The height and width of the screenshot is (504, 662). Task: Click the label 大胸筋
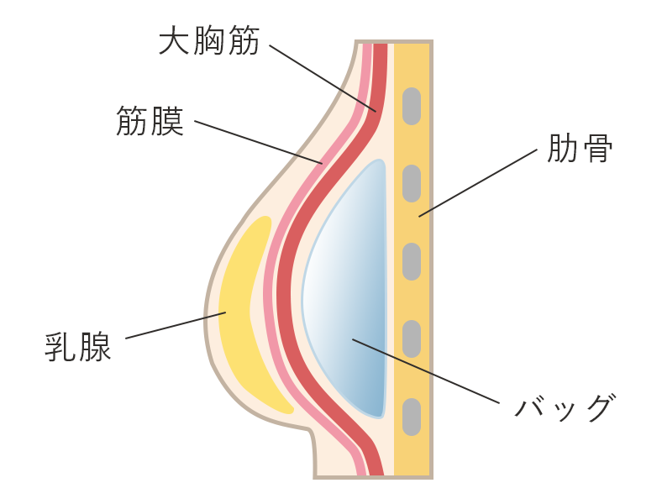(x=209, y=40)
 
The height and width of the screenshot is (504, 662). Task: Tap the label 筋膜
(x=150, y=122)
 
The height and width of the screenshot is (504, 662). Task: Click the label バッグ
(x=565, y=407)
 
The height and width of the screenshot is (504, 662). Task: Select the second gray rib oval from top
(x=411, y=184)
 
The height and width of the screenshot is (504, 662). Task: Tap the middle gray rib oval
(x=411, y=261)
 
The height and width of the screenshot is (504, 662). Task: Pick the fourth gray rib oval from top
(x=411, y=339)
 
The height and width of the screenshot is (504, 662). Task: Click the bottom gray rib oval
(x=411, y=417)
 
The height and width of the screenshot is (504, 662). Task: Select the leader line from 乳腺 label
(x=176, y=326)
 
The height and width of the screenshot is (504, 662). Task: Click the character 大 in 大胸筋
(x=174, y=40)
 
